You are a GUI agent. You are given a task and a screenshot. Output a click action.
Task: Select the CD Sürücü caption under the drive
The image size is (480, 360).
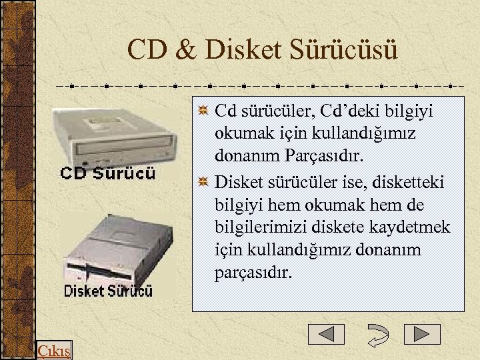click(x=108, y=173)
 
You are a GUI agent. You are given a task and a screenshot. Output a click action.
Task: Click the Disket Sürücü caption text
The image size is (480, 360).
click(x=108, y=291)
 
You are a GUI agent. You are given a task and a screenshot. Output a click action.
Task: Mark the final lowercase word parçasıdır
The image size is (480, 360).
click(x=253, y=274)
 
